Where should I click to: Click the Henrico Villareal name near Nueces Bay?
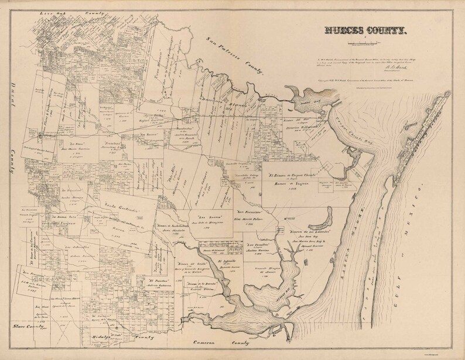pyautogui.click(x=306, y=127)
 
